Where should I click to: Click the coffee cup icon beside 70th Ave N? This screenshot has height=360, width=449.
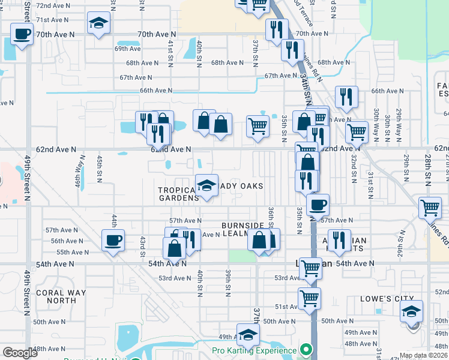[22, 35]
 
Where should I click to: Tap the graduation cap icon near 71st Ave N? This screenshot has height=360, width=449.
[98, 24]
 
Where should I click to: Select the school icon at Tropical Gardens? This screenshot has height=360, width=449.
[206, 185]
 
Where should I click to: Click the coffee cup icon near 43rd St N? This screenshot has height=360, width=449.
[113, 241]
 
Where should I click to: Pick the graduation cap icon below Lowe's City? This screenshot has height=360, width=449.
[412, 311]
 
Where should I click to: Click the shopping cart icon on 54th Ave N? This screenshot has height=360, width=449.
[310, 268]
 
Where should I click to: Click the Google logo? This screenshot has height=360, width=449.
[20, 353]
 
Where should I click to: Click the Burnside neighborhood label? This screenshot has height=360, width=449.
[243, 226]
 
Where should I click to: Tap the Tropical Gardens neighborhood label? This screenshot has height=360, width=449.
[178, 194]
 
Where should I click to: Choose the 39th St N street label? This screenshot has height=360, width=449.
[228, 282]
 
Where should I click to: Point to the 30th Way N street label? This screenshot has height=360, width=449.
[376, 122]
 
